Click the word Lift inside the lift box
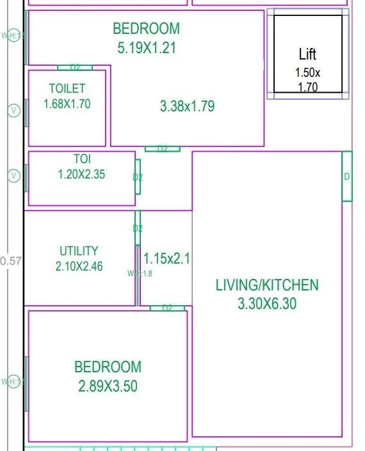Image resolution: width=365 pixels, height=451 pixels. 307,54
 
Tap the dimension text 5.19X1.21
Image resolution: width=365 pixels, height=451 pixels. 146,47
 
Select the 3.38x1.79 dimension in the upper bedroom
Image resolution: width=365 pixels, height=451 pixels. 187,107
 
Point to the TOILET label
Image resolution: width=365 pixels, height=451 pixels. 67,88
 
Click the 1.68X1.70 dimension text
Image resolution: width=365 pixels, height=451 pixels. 67,104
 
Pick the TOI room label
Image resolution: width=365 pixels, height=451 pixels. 81,158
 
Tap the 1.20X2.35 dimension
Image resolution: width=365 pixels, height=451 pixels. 81,173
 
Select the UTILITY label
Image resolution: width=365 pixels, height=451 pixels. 79,251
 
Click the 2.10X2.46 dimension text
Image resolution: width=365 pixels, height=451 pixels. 79,266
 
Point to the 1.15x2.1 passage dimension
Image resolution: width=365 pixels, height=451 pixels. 166,258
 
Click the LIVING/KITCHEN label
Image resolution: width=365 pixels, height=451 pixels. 266,285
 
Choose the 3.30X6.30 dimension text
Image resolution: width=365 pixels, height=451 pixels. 266,304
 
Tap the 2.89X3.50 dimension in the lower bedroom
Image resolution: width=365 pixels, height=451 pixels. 108,386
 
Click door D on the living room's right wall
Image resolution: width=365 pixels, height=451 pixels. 346,177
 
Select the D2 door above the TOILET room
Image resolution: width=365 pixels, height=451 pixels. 75,68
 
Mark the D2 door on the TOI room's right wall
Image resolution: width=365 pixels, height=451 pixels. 138,177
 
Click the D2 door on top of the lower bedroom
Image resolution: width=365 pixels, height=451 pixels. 167,308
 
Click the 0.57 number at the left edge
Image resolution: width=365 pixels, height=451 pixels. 11,261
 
